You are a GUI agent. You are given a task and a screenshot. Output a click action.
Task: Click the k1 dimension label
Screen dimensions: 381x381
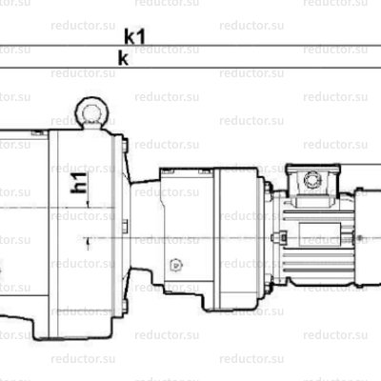tap(133, 36)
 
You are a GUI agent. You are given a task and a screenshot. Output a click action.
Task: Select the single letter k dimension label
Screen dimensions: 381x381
tap(122, 57)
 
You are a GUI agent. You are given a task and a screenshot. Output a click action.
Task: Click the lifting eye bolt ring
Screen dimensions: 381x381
tap(91, 111)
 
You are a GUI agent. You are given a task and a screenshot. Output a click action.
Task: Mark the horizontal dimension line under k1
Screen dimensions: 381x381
tap(190, 46)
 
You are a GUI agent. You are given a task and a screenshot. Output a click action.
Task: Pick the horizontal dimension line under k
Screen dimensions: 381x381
tap(190, 68)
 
